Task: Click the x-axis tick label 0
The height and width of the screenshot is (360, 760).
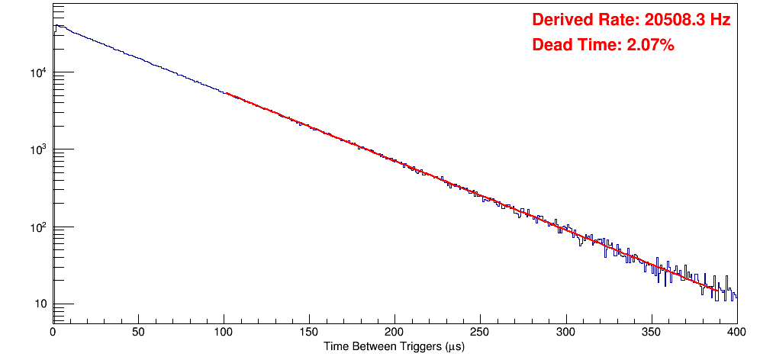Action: click(53, 333)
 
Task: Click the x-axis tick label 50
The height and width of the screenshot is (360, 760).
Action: click(138, 333)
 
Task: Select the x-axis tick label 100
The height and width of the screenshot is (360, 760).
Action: click(224, 333)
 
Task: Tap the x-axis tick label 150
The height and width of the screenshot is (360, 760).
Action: click(309, 333)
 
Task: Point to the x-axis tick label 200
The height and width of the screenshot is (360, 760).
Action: click(394, 333)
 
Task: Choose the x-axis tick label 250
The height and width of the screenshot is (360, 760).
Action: click(480, 333)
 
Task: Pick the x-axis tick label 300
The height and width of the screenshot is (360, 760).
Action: click(565, 333)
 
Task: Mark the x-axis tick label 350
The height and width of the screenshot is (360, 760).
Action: click(651, 333)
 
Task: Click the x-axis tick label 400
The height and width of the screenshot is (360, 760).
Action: click(736, 333)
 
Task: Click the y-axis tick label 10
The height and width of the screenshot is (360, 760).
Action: click(40, 305)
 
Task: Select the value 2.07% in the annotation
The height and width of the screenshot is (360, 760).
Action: click(650, 46)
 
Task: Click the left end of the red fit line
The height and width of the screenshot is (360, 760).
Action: click(227, 93)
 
